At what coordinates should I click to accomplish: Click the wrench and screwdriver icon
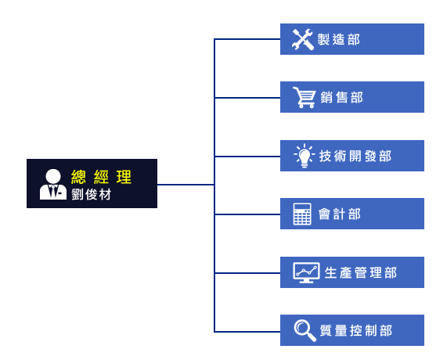pos(303,39)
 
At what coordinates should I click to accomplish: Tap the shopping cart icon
pos(304,97)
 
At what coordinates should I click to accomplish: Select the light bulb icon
pos(304,156)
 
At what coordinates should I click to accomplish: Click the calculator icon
pos(302,214)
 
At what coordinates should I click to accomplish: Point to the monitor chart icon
pos(306,272)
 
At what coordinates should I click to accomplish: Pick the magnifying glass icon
pos(305,330)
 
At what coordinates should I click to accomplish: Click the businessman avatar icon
pos(53,184)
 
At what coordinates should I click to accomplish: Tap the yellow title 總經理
pos(101,177)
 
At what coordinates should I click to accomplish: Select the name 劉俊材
pos(92,194)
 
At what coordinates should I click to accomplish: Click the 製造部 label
pos(339,39)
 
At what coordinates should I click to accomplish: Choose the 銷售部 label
pos(342,98)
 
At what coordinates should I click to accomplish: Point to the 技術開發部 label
pos(355,156)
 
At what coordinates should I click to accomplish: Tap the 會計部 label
pos(340,214)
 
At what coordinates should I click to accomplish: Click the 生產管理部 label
pos(361,272)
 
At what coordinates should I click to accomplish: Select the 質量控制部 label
pos(356,330)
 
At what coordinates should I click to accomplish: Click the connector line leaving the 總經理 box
pos(186,185)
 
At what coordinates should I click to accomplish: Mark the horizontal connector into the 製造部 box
pos(247,39)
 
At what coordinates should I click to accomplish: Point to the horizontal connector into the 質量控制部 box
pos(247,332)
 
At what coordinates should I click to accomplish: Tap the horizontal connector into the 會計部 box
pos(247,214)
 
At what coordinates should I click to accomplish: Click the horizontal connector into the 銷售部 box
pos(247,98)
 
